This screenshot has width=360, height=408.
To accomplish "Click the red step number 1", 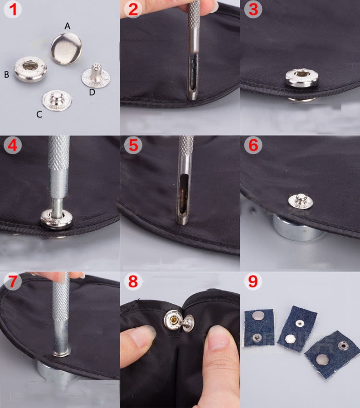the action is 13,10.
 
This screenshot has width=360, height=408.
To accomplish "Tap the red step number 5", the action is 133,145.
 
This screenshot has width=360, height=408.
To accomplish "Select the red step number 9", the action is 253,281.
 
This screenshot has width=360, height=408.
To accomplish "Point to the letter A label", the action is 68,26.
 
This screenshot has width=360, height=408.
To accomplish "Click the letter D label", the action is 92,92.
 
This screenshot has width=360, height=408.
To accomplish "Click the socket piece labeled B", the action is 30,69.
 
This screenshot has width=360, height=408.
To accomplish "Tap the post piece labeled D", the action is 96,76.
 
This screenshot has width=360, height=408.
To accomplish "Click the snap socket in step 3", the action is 302,77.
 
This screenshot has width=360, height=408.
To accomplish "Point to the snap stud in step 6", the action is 301,201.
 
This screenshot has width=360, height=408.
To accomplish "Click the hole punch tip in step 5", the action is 182,219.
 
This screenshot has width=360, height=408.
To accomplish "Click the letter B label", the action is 7,75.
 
